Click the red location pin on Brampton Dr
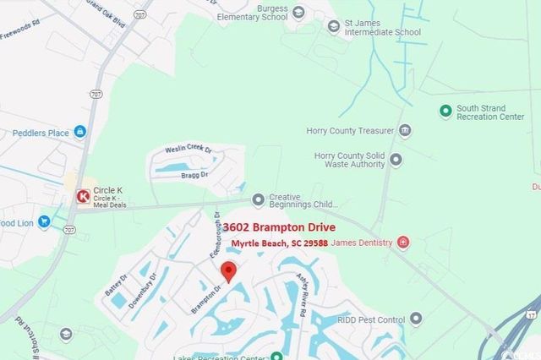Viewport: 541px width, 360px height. [227, 271]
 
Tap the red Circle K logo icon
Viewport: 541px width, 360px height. [84, 196]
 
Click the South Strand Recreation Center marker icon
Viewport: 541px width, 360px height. [445, 111]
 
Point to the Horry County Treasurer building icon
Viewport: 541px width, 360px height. [405, 131]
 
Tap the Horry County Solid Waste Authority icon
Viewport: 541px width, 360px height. [396, 159]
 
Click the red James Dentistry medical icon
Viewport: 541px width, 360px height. [403, 243]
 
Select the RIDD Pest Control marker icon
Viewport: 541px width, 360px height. [415, 319]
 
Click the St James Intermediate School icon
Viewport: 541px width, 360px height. [334, 26]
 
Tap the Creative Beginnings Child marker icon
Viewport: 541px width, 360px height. [258, 199]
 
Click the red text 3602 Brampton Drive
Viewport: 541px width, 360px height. [279, 227]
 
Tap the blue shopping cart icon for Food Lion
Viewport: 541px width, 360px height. [44, 222]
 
